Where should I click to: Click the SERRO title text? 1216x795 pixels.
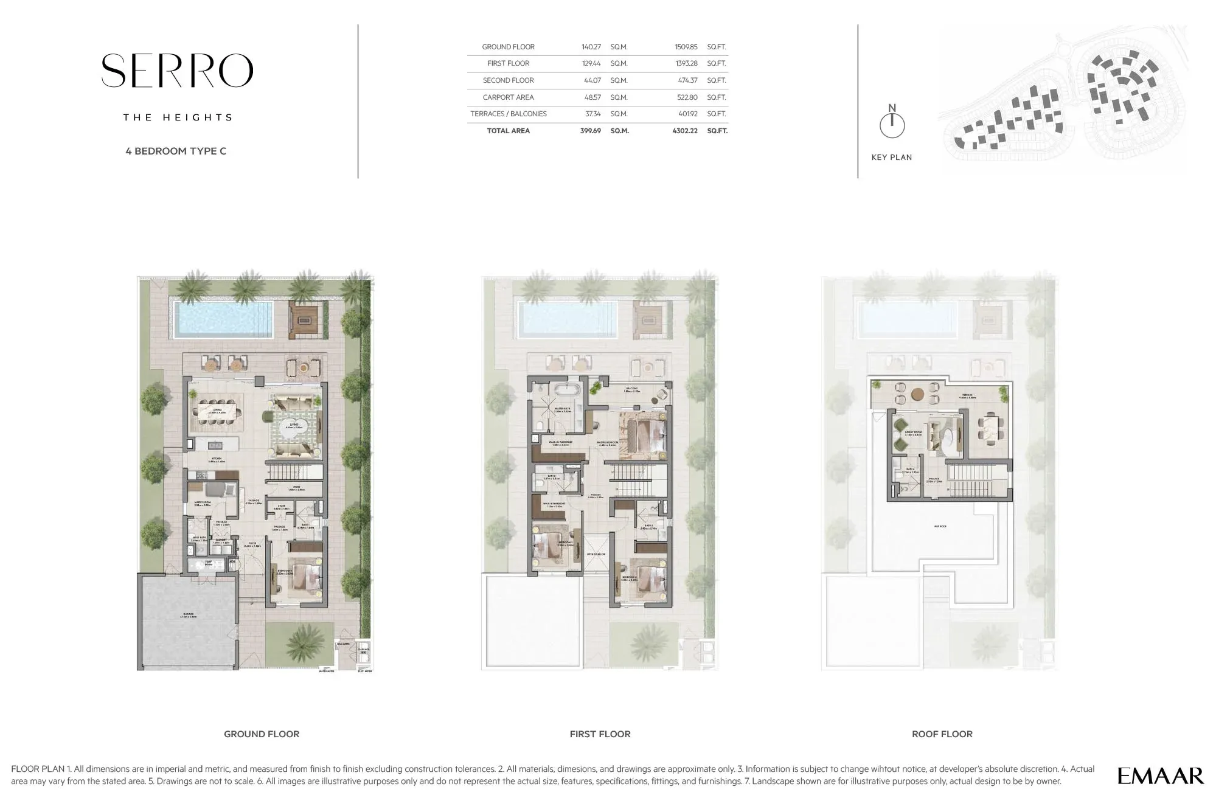(177, 71)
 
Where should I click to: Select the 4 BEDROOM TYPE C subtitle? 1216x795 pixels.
(176, 151)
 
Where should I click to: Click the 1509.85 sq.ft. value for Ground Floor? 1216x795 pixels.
(686, 47)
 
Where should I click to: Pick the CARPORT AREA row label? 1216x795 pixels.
(508, 97)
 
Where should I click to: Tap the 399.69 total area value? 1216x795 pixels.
(590, 131)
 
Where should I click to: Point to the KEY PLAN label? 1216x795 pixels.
(891, 158)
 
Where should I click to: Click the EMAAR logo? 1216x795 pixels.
(1160, 776)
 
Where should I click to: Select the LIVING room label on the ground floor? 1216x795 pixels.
(294, 425)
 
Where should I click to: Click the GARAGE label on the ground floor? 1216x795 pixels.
(188, 614)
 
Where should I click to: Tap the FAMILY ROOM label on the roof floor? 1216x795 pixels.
(913, 432)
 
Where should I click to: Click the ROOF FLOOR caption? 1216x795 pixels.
(942, 734)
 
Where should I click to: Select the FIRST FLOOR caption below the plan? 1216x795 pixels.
(600, 734)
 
